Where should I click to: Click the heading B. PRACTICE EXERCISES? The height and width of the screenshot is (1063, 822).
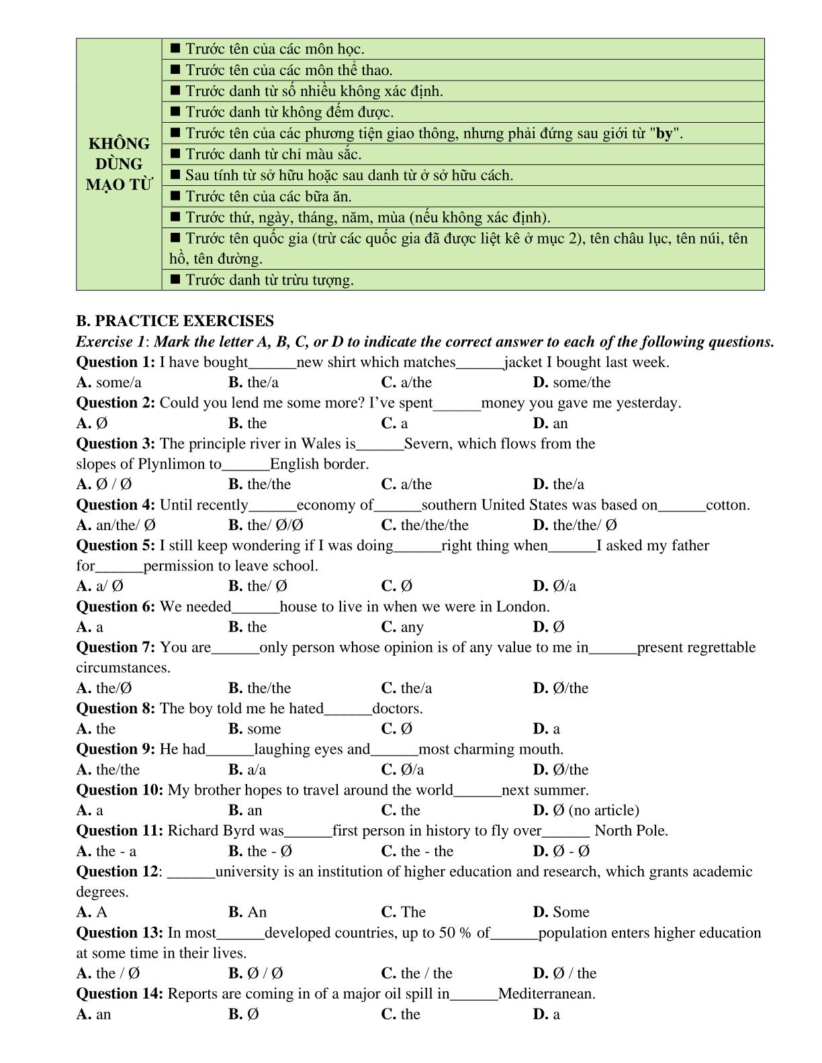click(x=175, y=321)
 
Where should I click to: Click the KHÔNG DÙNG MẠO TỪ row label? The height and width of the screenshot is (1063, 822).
click(x=119, y=164)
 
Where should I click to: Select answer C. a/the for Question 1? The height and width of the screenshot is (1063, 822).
click(x=406, y=383)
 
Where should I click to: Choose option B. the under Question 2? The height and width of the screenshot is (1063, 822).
click(x=247, y=423)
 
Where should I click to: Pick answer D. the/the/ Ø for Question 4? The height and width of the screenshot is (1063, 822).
click(x=574, y=525)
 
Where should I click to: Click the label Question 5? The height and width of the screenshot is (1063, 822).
click(x=116, y=546)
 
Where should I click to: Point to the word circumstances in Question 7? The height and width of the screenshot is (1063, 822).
click(x=123, y=668)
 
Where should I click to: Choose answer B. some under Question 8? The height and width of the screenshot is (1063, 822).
click(x=255, y=729)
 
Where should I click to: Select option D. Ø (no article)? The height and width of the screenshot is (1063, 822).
click(x=586, y=810)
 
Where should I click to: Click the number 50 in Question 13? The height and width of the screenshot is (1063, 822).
click(x=447, y=933)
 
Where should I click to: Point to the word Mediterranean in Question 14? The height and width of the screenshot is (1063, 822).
click(x=546, y=994)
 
